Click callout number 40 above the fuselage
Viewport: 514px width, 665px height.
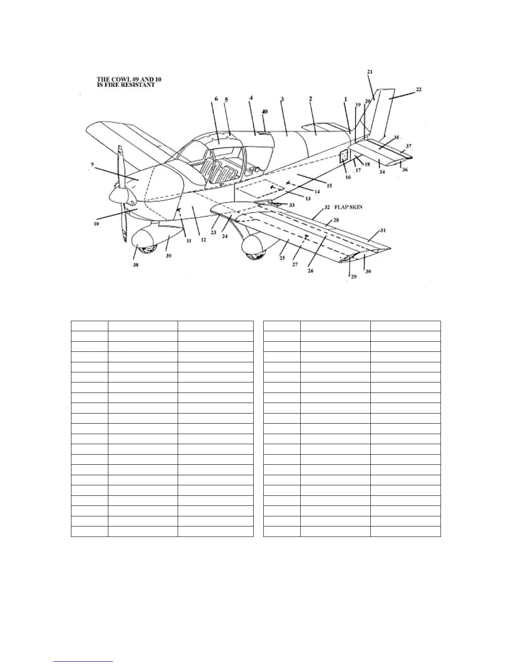265,112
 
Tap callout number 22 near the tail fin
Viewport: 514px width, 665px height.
419,89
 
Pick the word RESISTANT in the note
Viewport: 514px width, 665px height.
138,85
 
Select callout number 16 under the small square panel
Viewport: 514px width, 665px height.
348,177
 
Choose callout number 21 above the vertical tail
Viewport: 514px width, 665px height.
370,72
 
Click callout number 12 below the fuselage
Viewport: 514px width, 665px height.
203,241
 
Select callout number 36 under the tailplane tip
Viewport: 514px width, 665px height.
404,170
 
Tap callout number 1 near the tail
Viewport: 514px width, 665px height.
345,99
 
